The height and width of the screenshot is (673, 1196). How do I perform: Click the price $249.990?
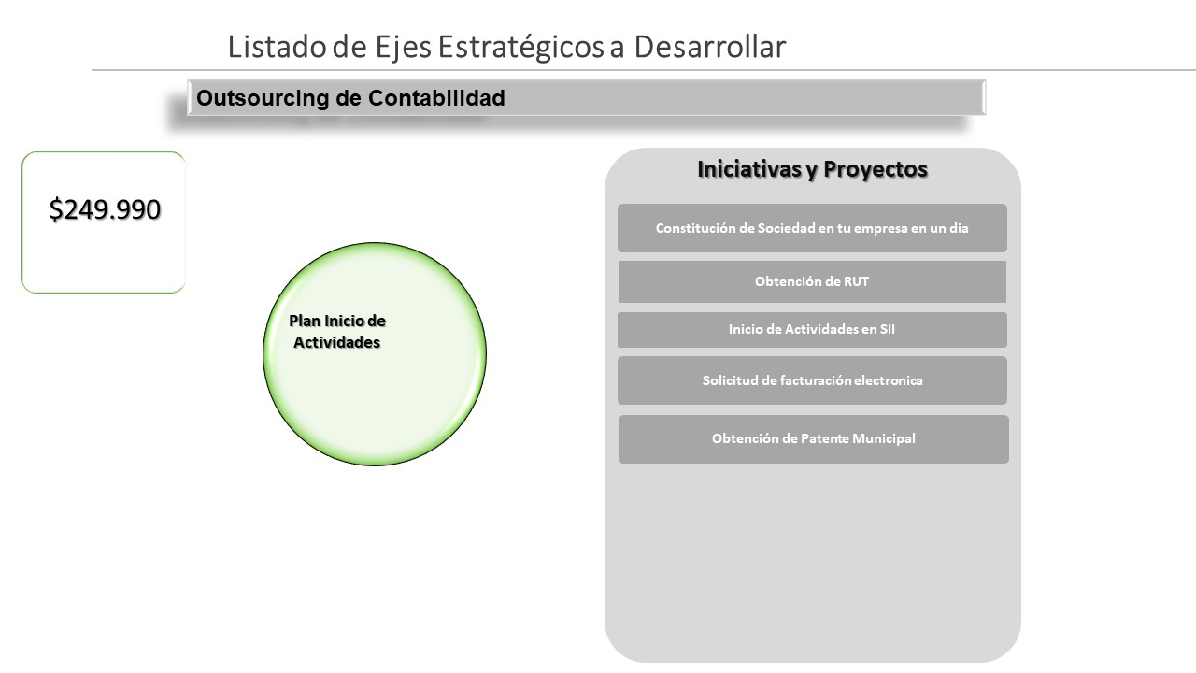(x=105, y=209)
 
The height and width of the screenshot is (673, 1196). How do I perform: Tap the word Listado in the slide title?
(x=278, y=47)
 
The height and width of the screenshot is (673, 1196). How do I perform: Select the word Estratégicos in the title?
(x=521, y=47)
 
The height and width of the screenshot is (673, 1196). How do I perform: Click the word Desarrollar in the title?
(x=710, y=47)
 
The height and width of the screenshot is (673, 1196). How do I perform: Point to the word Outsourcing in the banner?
(x=263, y=98)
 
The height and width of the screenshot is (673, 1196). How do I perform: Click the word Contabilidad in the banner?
(x=436, y=98)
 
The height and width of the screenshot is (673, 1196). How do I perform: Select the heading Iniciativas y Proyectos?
(x=812, y=169)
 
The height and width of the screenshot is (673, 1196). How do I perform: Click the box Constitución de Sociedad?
(x=812, y=228)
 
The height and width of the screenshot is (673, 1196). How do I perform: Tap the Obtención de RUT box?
(x=813, y=281)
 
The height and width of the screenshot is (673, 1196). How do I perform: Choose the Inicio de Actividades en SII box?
(x=812, y=330)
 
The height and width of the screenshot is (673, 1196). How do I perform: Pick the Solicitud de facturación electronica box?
(x=812, y=380)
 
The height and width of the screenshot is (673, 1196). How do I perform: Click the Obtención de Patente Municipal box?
(x=814, y=439)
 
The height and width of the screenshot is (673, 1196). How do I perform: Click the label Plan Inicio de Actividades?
(x=337, y=332)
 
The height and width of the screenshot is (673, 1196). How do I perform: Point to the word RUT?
(x=856, y=281)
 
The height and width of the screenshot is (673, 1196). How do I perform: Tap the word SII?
(x=887, y=329)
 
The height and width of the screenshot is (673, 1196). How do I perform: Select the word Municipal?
(x=884, y=438)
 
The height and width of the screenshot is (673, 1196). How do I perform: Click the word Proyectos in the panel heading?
(x=876, y=169)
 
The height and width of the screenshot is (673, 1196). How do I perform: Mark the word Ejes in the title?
(x=403, y=48)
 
